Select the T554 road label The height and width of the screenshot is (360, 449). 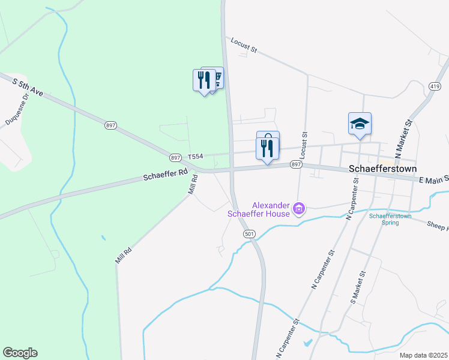tap(196, 156)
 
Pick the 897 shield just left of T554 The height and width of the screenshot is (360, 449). tap(175, 157)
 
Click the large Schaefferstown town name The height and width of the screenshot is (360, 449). tap(378, 169)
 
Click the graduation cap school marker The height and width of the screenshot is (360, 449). tap(360, 124)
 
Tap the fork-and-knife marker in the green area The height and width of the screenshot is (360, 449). tap(204, 80)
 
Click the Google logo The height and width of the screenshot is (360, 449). tap(20, 353)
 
